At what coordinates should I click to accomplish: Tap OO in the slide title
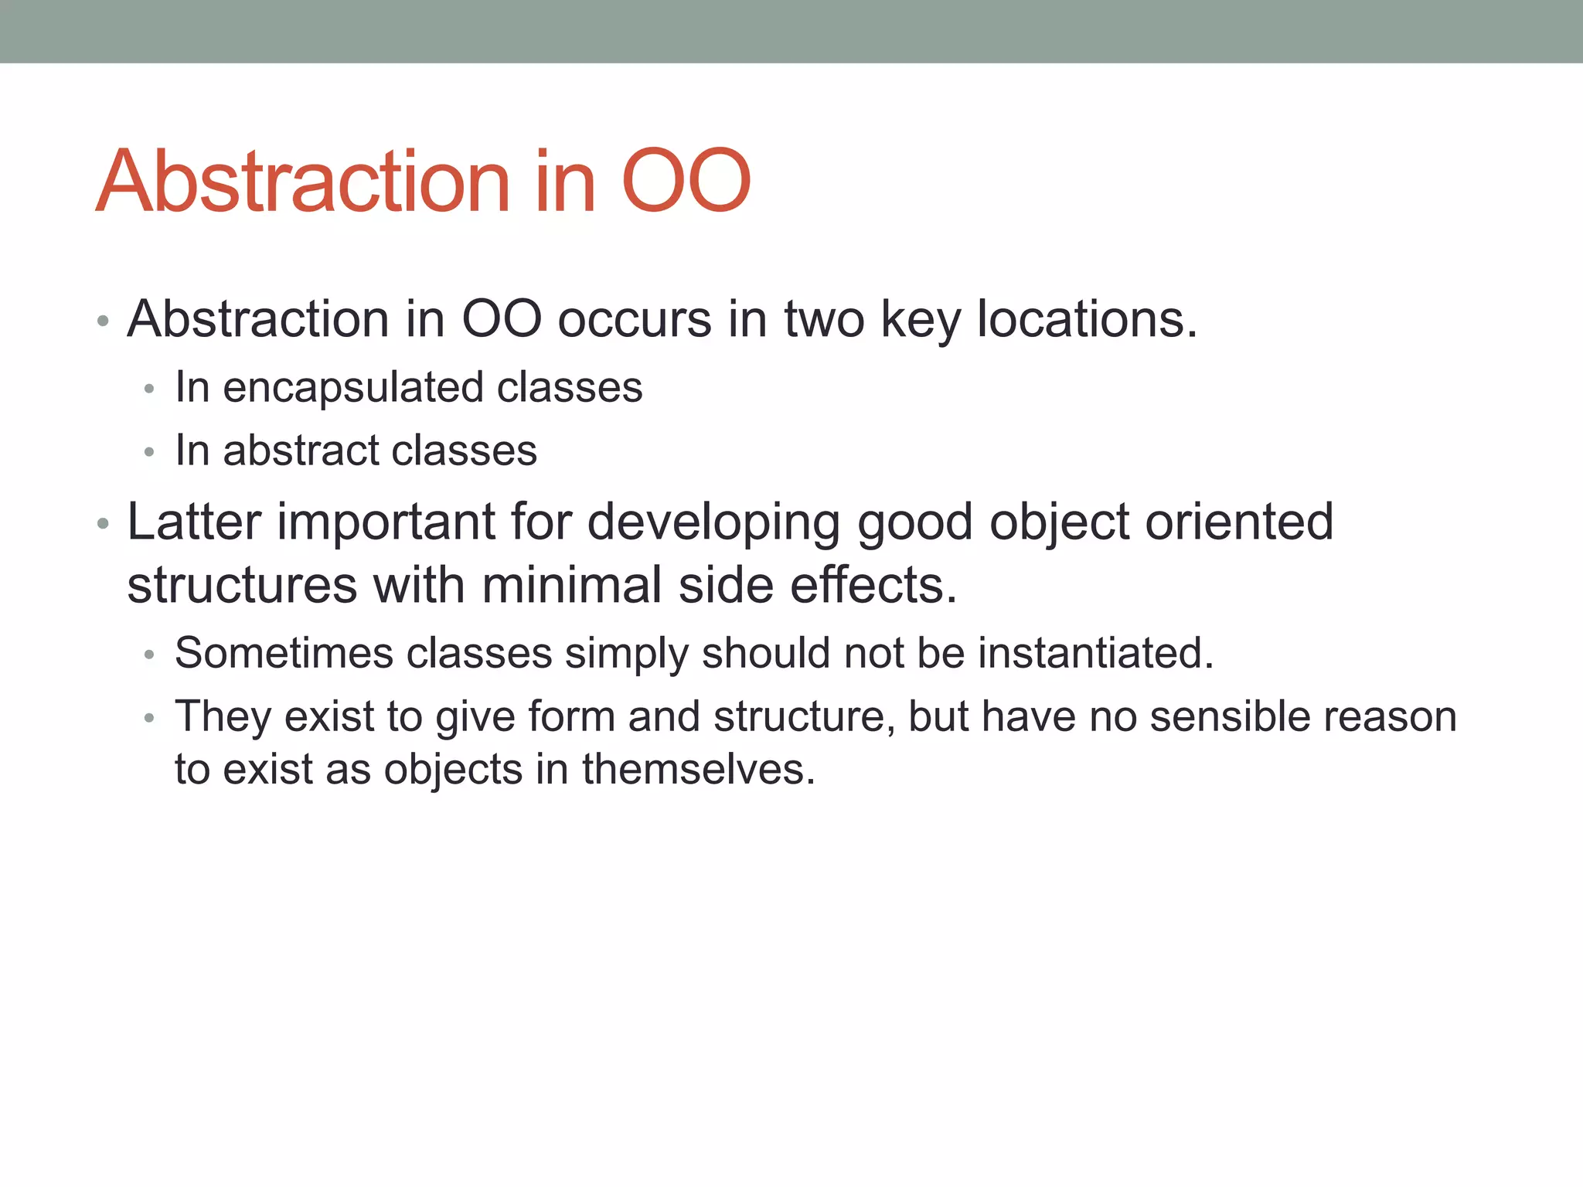(686, 182)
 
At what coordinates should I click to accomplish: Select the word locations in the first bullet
(1087, 319)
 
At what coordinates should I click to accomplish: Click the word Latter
(194, 522)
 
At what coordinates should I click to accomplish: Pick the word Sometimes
(284, 653)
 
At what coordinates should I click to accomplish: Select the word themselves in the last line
(698, 770)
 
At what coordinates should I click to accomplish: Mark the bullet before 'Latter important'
(103, 524)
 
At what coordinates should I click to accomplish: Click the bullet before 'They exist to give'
(149, 718)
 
